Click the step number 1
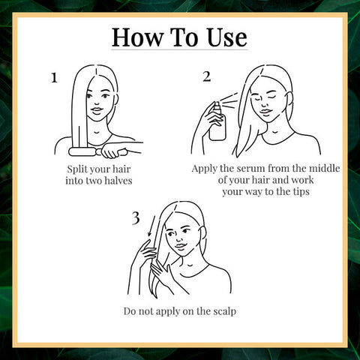53,77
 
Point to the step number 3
135,218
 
